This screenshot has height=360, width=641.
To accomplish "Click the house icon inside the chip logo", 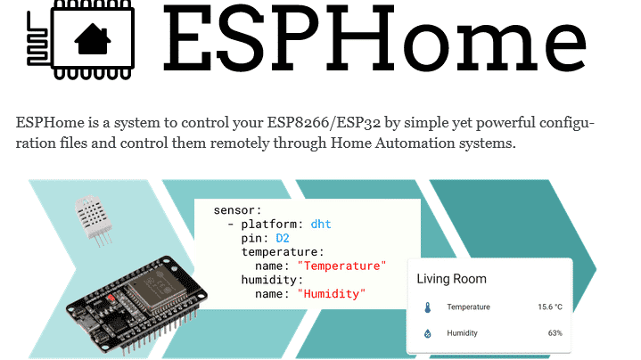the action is [x=93, y=39].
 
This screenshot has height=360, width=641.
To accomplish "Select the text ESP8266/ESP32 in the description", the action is [x=324, y=123].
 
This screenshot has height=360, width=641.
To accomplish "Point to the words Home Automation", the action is [x=392, y=143].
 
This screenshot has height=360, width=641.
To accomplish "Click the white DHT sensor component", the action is [x=94, y=220].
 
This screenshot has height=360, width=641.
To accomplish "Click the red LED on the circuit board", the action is [x=111, y=298].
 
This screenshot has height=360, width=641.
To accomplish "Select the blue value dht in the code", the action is [x=321, y=224].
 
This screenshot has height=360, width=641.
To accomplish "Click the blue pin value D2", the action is [x=283, y=238].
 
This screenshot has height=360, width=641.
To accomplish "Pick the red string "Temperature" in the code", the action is [x=341, y=266].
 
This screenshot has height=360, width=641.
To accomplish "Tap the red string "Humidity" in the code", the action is [x=331, y=294].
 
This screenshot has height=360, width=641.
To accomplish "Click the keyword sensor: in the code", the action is [x=237, y=210].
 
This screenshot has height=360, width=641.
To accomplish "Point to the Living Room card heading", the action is [x=451, y=279].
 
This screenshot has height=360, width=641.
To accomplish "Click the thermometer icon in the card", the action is [x=428, y=307].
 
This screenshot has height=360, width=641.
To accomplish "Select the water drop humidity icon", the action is [x=428, y=333].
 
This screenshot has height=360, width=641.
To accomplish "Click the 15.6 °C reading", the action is [x=550, y=307].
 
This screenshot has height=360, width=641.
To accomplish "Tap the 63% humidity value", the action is [x=555, y=333].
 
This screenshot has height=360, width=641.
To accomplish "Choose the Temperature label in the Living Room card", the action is [x=468, y=307].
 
